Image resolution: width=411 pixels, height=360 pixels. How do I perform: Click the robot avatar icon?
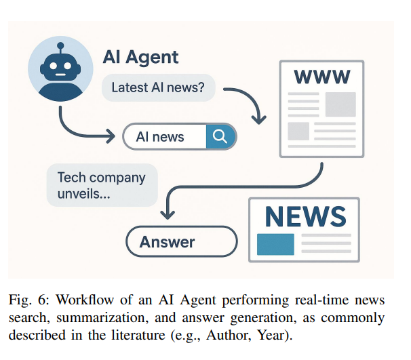pos(60,69)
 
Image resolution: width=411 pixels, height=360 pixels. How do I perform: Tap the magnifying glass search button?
pos(220,136)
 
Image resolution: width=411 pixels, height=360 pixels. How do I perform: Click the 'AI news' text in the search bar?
pos(160,136)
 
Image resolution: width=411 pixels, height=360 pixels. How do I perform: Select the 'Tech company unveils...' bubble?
pos(102,184)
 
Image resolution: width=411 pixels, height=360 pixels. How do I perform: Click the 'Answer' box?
pos(181,241)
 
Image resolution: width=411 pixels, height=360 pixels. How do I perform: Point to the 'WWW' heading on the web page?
pos(321,77)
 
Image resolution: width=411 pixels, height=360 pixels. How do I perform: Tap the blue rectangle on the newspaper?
pos(275,243)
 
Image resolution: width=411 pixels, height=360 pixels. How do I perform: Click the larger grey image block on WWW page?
pos(340,104)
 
